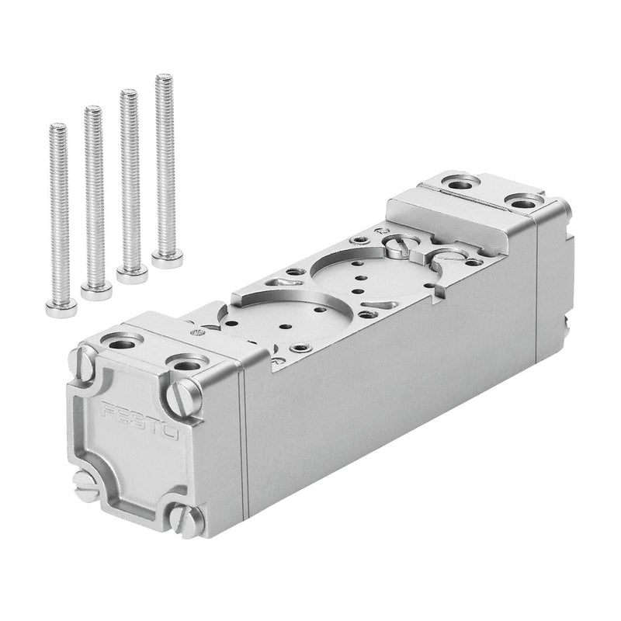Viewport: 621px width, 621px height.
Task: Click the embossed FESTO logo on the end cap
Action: pyautogui.click(x=140, y=421)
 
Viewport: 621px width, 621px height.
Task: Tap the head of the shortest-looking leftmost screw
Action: pyautogui.click(x=61, y=309)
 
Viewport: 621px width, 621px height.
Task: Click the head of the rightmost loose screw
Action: pyautogui.click(x=167, y=259)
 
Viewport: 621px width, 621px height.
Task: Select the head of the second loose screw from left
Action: pyautogui.click(x=96, y=291)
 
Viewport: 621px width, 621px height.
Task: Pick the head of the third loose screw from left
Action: pyautogui.click(x=132, y=275)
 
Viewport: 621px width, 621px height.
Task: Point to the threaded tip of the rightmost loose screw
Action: pyautogui.click(x=165, y=77)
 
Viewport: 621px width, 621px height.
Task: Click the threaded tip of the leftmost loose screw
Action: pyautogui.click(x=58, y=127)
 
